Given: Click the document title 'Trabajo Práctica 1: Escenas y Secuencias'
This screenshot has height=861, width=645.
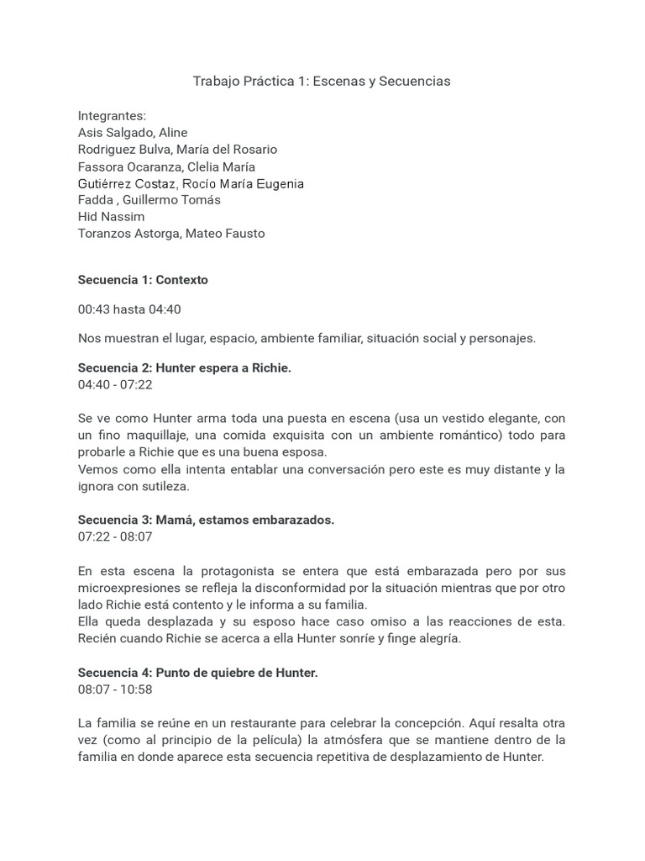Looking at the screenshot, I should (322, 82).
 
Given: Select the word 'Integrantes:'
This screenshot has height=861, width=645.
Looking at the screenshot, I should (112, 116).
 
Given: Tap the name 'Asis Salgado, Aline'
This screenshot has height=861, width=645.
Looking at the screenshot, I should (133, 133).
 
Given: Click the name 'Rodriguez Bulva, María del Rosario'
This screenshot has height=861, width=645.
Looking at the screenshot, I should (177, 150).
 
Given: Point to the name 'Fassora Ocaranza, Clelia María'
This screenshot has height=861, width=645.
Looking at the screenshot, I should (166, 166).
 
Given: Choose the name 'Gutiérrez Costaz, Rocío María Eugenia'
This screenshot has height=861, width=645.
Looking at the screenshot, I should (191, 183).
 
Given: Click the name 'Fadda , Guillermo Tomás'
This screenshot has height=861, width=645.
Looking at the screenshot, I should (149, 200).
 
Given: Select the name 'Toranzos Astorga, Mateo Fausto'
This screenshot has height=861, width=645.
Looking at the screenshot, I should (171, 234).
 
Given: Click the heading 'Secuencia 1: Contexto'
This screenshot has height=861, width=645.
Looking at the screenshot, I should (143, 280).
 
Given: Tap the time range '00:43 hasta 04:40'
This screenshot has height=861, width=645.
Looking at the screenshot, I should (129, 309).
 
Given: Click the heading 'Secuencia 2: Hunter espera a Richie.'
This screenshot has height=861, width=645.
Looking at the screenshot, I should (185, 368).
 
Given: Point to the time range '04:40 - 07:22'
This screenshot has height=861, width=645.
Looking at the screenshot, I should (115, 385).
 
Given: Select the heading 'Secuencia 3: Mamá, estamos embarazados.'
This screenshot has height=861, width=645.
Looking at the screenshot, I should (206, 520).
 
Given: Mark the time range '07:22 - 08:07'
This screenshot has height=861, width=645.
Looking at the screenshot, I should (115, 536).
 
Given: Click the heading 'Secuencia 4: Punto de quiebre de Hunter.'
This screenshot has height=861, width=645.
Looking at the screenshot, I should (197, 673).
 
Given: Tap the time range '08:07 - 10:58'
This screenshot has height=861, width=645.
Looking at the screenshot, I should (115, 689).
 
